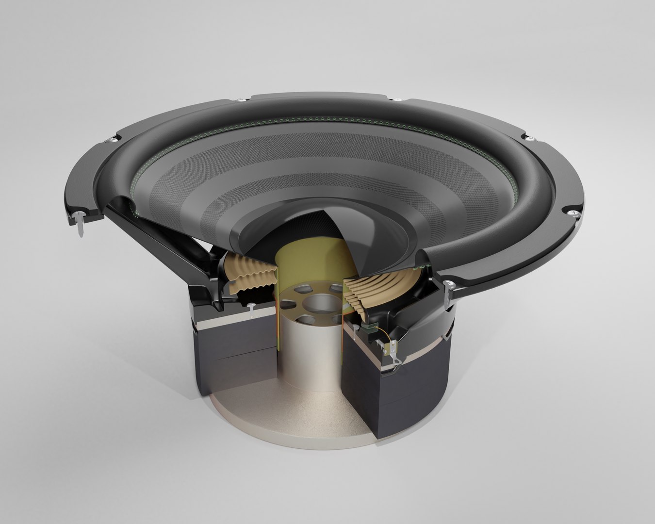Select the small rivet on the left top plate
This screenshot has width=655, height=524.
click(252, 309)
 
